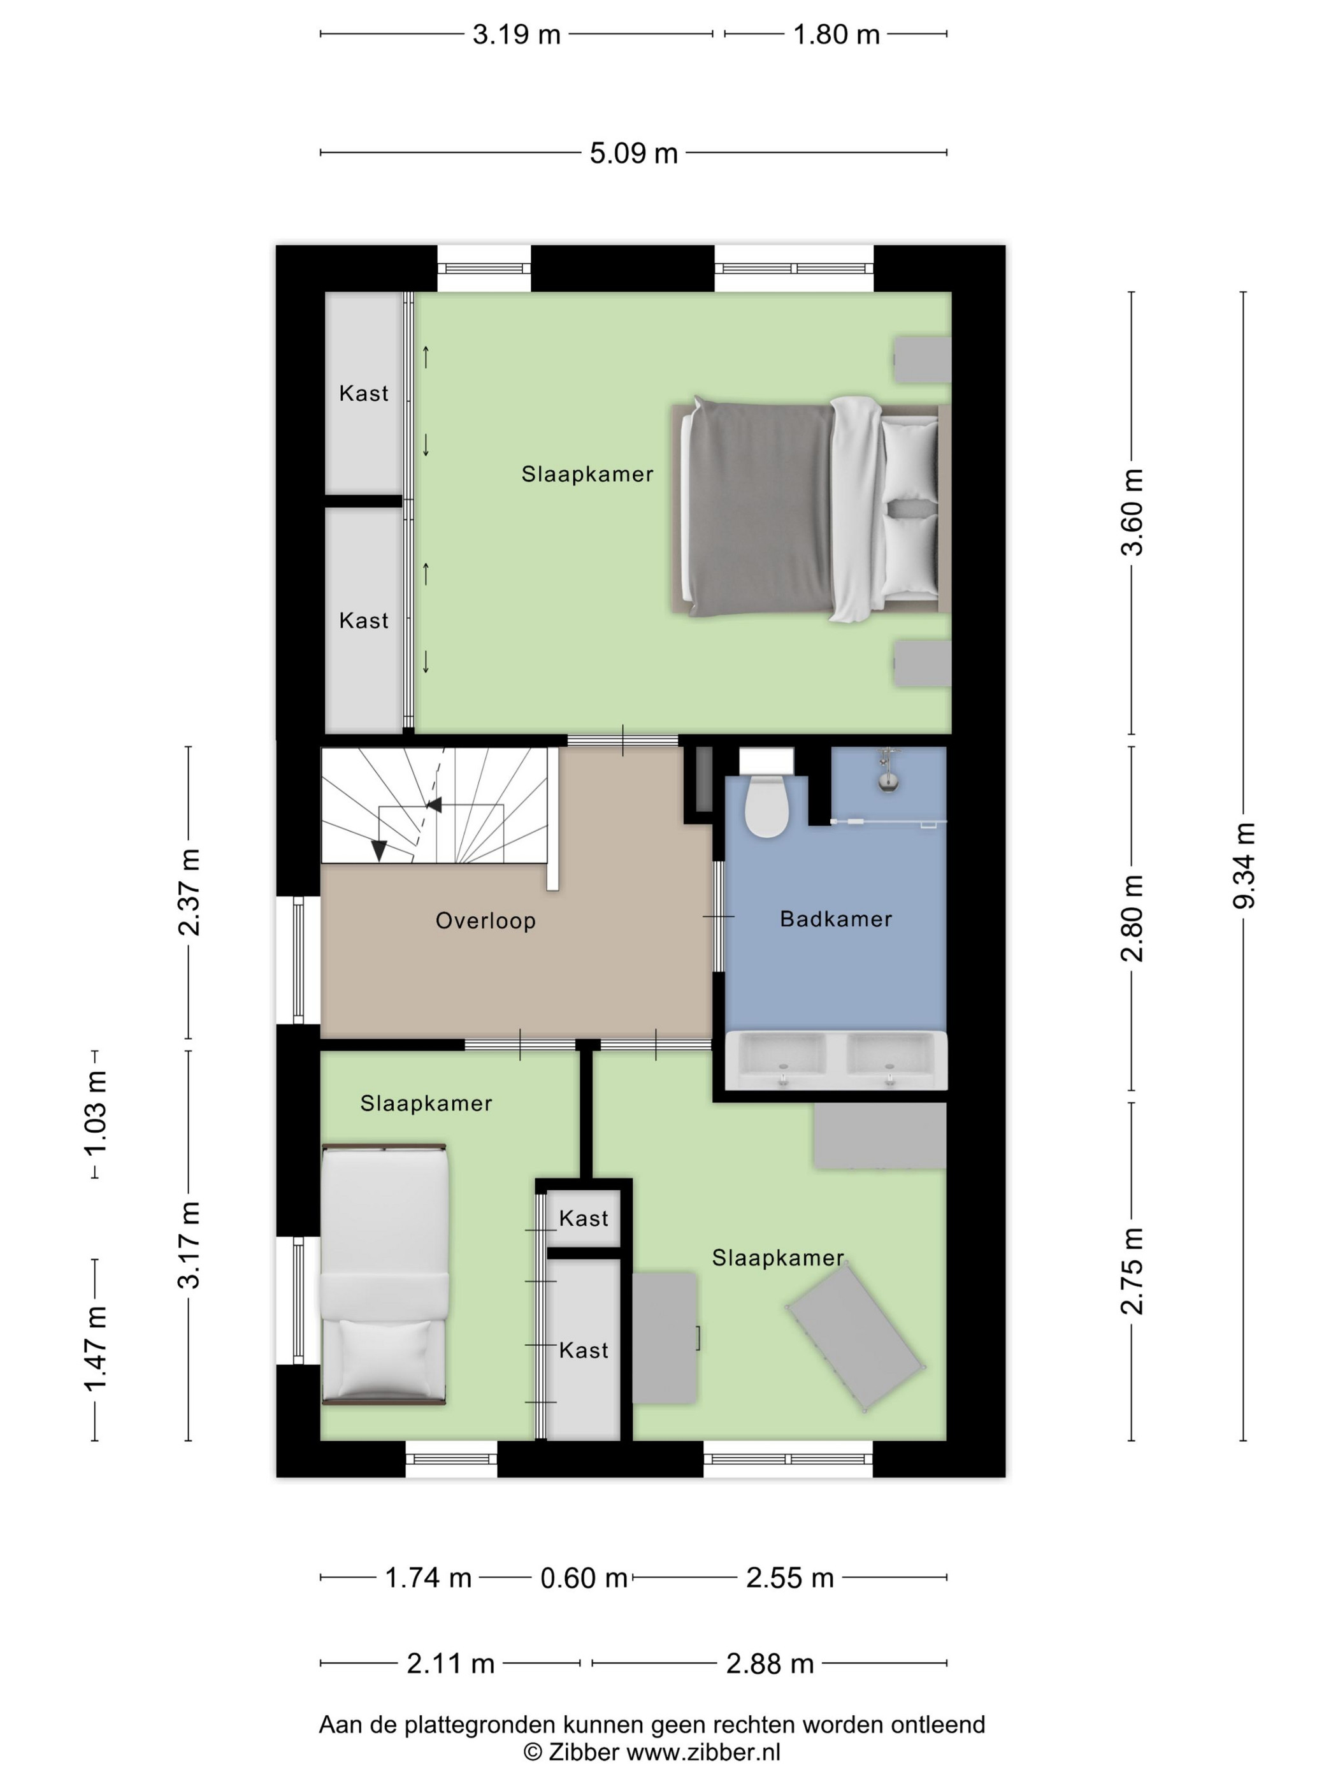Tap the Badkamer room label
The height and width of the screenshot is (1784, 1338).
click(835, 919)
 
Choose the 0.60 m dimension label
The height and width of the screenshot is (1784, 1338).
click(584, 1578)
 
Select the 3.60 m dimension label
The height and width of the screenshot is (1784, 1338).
click(1132, 512)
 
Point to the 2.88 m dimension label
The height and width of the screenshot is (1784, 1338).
click(770, 1663)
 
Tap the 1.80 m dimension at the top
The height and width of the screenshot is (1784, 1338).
click(835, 34)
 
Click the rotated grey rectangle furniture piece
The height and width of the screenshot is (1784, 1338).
click(856, 1340)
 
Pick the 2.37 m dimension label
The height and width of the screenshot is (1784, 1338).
click(189, 892)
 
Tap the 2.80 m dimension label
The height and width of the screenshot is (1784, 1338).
click(1132, 919)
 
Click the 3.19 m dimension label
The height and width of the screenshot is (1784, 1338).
click(516, 34)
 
